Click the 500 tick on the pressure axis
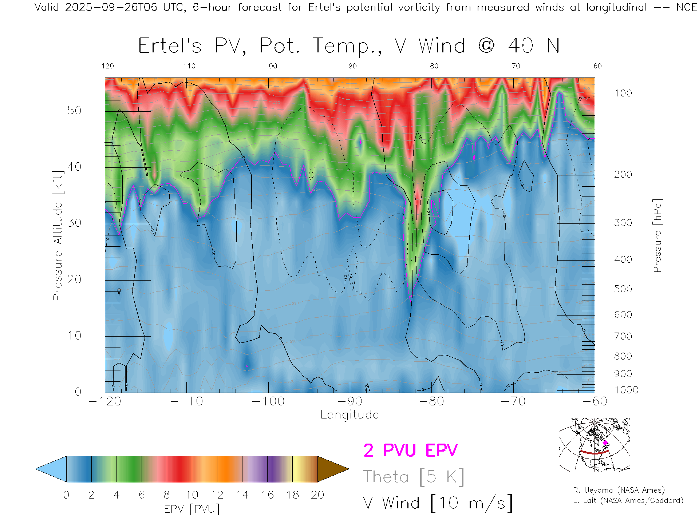[x=623, y=289]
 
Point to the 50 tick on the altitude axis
[x=74, y=110]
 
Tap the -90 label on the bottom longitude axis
[x=350, y=401]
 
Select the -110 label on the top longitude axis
[x=186, y=66]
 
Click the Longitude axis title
[x=349, y=414]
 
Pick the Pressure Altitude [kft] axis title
[x=58, y=235]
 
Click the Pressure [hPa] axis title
[x=657, y=235]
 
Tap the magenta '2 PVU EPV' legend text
[x=410, y=450]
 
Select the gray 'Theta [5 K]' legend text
[x=414, y=477]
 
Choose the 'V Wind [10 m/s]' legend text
[x=438, y=503]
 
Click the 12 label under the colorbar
[x=217, y=495]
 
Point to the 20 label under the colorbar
[x=317, y=495]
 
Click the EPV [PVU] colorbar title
[x=192, y=509]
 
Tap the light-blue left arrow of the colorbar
[x=51, y=469]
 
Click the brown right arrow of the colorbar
[x=333, y=469]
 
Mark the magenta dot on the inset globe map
[x=605, y=443]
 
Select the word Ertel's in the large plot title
[x=170, y=46]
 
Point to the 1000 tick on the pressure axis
[x=626, y=390]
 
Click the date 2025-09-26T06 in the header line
[x=111, y=7]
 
